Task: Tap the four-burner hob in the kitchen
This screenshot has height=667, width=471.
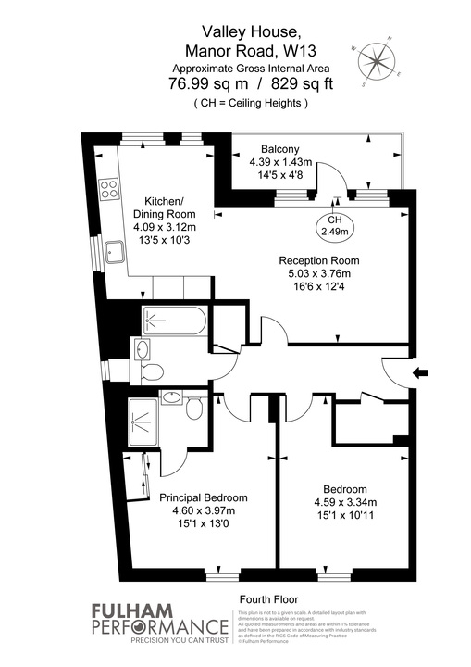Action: pos(109,188)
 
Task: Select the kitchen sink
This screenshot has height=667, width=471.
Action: pos(116,251)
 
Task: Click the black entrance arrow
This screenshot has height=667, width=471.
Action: pos(423,373)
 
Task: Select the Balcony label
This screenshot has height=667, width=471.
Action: pos(279,149)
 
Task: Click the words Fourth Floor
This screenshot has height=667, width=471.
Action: pos(267,598)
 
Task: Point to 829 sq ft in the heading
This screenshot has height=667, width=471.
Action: pos(280,84)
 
